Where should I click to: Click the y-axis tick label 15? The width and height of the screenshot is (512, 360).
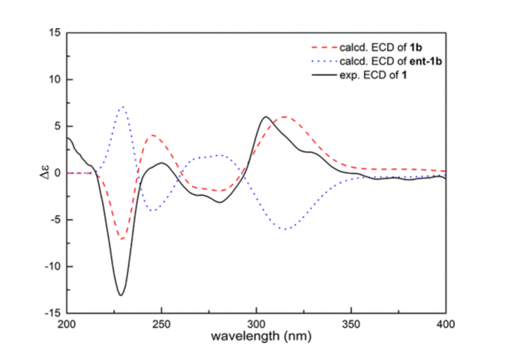click(55, 33)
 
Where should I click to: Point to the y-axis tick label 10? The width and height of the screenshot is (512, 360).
click(55, 80)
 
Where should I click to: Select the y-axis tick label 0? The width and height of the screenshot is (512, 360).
click(58, 173)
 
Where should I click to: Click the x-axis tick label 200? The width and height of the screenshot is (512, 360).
click(67, 324)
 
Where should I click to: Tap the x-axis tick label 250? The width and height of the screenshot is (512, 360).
click(162, 324)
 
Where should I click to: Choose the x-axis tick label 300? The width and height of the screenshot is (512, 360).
click(256, 324)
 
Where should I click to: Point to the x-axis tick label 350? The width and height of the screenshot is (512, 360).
click(351, 324)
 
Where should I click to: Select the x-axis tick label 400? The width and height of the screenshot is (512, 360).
click(446, 324)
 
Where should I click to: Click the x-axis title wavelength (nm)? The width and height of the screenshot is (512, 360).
click(256, 337)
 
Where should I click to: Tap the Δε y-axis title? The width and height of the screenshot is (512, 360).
click(43, 173)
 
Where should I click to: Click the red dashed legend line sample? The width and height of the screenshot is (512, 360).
click(323, 48)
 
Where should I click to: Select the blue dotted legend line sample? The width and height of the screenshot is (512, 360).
click(323, 61)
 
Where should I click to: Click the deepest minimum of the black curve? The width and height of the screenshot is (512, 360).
click(121, 295)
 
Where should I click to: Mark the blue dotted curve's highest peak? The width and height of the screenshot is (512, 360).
click(123, 107)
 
